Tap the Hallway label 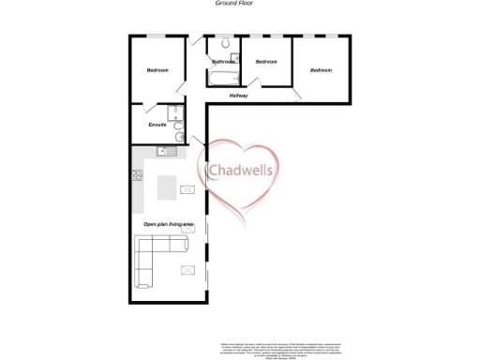pos(239,96)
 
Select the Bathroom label pos(223,62)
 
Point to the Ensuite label pos(157,125)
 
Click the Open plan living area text pos(169,225)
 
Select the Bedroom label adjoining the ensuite pos(157,71)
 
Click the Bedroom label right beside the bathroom pos(266,62)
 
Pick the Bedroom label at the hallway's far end pos(322,70)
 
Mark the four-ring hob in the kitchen pos(137,174)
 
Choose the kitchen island pos(168,188)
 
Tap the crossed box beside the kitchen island pos(187,189)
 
